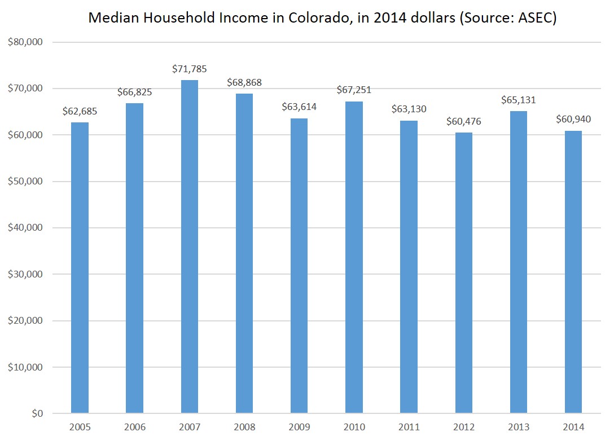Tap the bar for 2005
pos(80,268)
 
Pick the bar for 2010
pos(354,257)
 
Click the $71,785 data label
pos(190,69)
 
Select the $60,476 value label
pos(464,122)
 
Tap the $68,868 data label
pos(244,83)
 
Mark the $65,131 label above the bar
pos(519,100)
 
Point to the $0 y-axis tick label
pos(35,413)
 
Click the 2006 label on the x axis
pos(134,427)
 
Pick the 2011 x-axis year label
pos(409,427)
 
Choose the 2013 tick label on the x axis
pos(519,427)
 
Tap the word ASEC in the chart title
pos(536,18)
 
